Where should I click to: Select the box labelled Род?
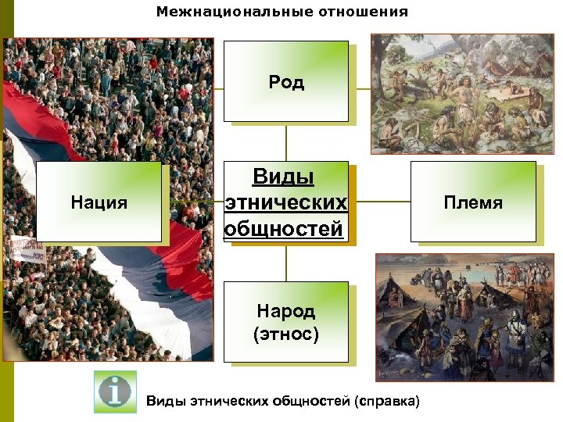(x=286, y=81)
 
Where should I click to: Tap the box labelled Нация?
(x=99, y=202)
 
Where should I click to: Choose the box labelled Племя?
(x=473, y=202)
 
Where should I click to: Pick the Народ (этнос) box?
(x=286, y=322)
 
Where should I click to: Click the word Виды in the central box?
(x=283, y=177)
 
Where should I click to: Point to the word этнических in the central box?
(x=286, y=203)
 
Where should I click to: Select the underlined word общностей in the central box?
(x=284, y=229)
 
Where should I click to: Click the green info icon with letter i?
(x=115, y=392)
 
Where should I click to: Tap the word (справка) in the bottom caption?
(x=386, y=402)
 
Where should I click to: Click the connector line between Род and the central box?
(x=286, y=142)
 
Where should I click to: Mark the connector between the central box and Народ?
(x=286, y=263)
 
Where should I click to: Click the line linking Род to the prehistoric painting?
(x=360, y=88)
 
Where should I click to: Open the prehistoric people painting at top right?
(x=462, y=93)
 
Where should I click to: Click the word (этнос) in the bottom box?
(x=286, y=334)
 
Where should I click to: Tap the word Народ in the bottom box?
(x=286, y=311)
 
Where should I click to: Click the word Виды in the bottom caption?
(x=165, y=402)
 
